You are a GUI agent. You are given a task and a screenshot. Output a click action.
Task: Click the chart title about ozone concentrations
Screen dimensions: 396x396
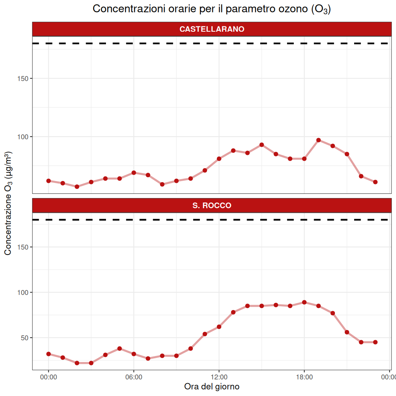tap(212, 9)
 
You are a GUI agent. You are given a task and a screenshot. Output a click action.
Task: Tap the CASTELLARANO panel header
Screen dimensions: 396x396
tap(212, 29)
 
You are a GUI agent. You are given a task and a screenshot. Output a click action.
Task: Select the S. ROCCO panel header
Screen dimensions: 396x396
tap(212, 206)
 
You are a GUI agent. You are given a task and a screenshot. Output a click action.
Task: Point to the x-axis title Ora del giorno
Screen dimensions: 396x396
tap(212, 387)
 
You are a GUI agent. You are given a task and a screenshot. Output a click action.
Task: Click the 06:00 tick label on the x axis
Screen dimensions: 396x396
tap(134, 377)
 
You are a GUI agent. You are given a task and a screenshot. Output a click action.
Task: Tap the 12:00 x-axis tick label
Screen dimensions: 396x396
tap(219, 377)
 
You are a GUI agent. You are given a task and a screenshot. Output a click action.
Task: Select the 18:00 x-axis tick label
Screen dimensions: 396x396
tap(304, 377)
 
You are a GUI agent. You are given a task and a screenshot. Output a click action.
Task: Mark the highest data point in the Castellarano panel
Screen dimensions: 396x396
tap(318, 140)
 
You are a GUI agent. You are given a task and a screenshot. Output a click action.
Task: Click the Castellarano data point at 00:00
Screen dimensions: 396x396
tap(48, 181)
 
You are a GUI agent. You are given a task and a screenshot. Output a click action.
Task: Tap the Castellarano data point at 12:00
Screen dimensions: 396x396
tap(219, 159)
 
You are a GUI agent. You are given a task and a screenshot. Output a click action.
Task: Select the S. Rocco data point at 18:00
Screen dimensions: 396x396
tap(304, 302)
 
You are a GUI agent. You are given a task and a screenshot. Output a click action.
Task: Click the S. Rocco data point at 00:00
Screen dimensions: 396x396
tap(48, 354)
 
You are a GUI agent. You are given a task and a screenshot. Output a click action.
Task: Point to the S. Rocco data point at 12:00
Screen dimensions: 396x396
tap(219, 327)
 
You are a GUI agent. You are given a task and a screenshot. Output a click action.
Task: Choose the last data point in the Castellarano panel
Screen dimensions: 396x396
tap(375, 182)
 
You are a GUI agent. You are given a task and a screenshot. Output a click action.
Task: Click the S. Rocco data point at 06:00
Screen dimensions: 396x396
tap(134, 354)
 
